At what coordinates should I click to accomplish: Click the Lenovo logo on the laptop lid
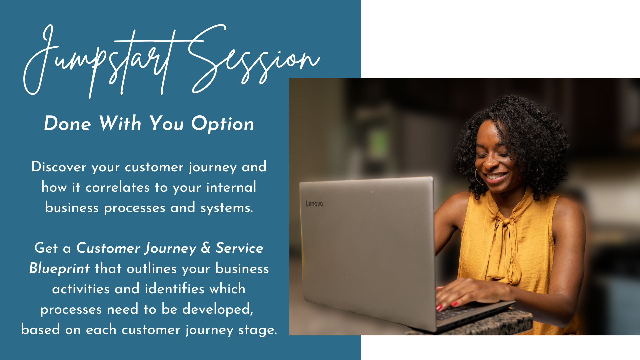click(314, 204)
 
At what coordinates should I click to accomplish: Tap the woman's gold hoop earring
click(479, 177)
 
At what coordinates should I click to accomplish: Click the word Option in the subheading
click(223, 124)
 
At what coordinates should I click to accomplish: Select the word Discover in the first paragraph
click(59, 167)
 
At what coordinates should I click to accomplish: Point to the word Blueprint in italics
click(59, 269)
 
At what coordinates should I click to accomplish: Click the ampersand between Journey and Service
click(206, 248)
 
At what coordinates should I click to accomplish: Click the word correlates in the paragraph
click(117, 187)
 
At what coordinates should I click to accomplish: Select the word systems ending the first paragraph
click(227, 208)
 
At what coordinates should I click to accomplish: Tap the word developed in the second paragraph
click(218, 309)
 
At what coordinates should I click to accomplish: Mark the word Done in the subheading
click(67, 124)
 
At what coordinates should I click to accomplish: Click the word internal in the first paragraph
click(231, 187)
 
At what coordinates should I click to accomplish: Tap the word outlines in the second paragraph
click(152, 269)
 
